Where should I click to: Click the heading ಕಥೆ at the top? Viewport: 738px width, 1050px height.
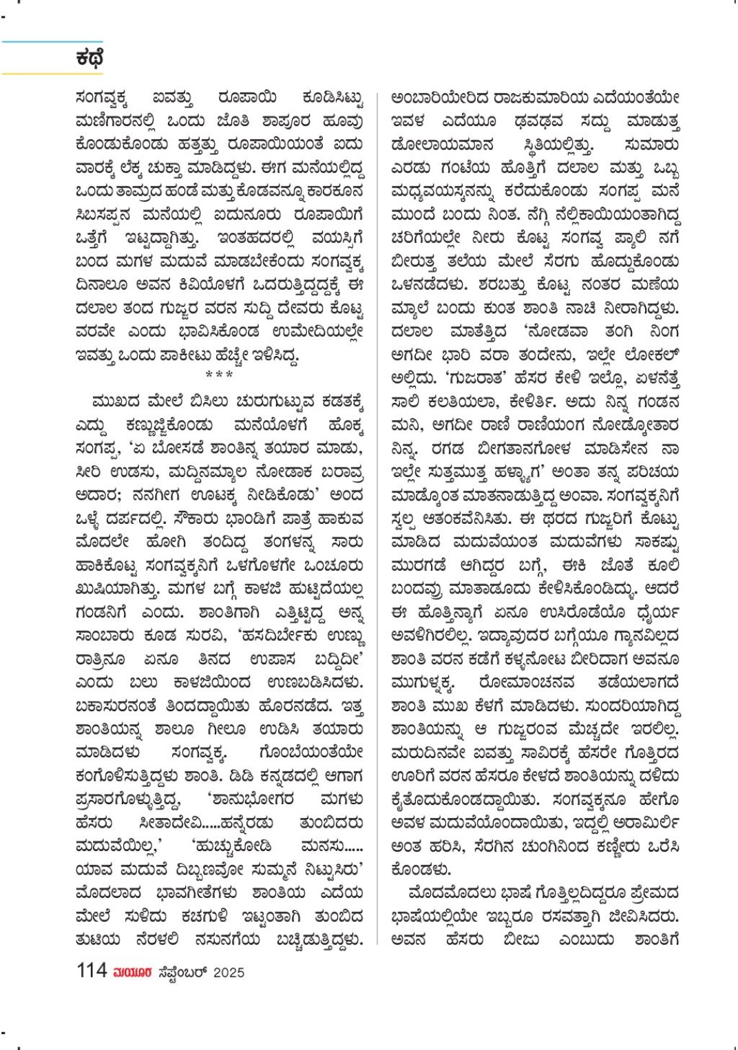click(90, 59)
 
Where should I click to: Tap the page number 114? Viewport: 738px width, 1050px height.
click(92, 971)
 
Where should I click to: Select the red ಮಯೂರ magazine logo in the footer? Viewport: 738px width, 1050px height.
click(133, 972)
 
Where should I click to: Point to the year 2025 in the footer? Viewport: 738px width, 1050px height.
click(229, 972)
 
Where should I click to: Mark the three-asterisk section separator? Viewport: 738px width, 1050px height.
click(219, 375)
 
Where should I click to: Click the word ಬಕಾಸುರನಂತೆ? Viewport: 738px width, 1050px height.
click(117, 706)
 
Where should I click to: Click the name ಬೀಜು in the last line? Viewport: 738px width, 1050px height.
click(521, 939)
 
